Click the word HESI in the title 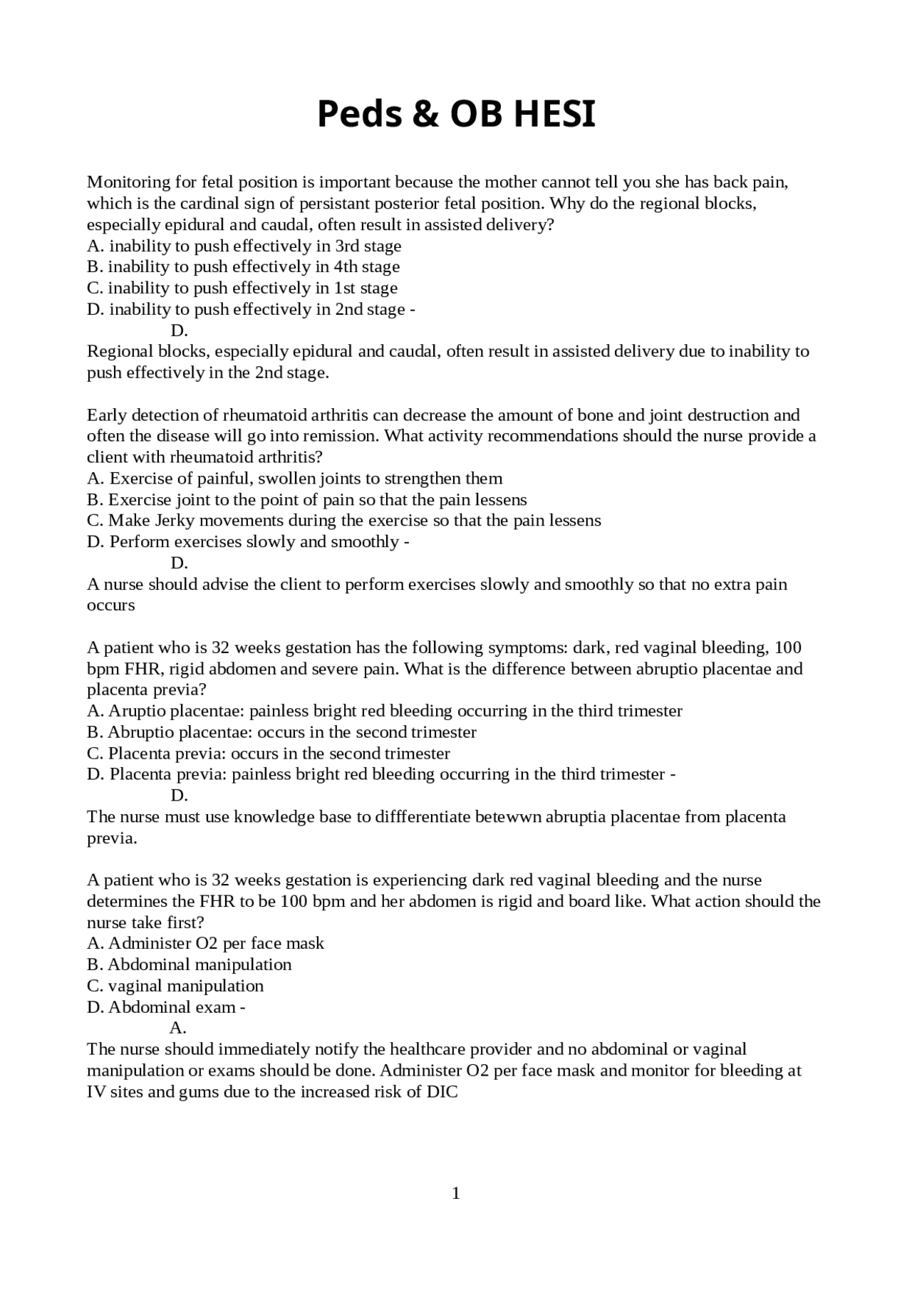point(554,114)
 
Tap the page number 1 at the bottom point(456,1193)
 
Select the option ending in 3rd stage point(244,246)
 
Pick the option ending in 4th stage point(243,266)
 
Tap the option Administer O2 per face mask point(205,943)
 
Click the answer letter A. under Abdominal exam point(178,1028)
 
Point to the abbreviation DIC point(442,1091)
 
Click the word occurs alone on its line point(110,605)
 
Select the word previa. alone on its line point(112,838)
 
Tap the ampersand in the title point(425,114)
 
